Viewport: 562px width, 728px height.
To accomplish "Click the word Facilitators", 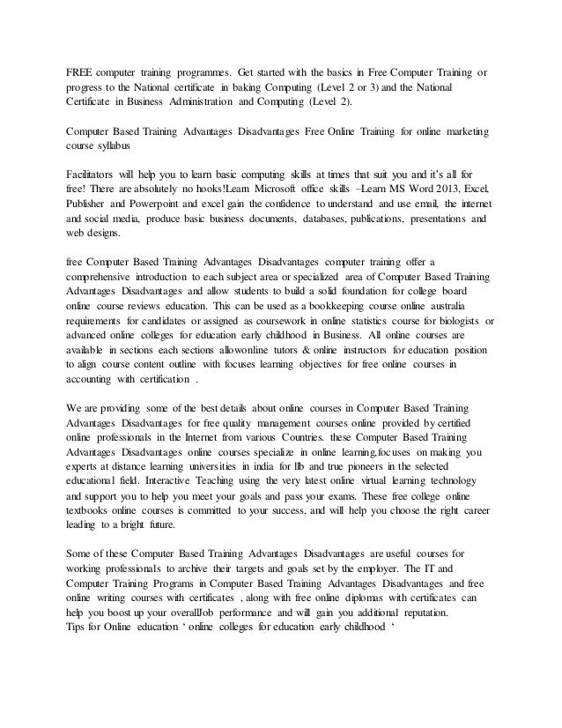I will click(96, 175).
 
